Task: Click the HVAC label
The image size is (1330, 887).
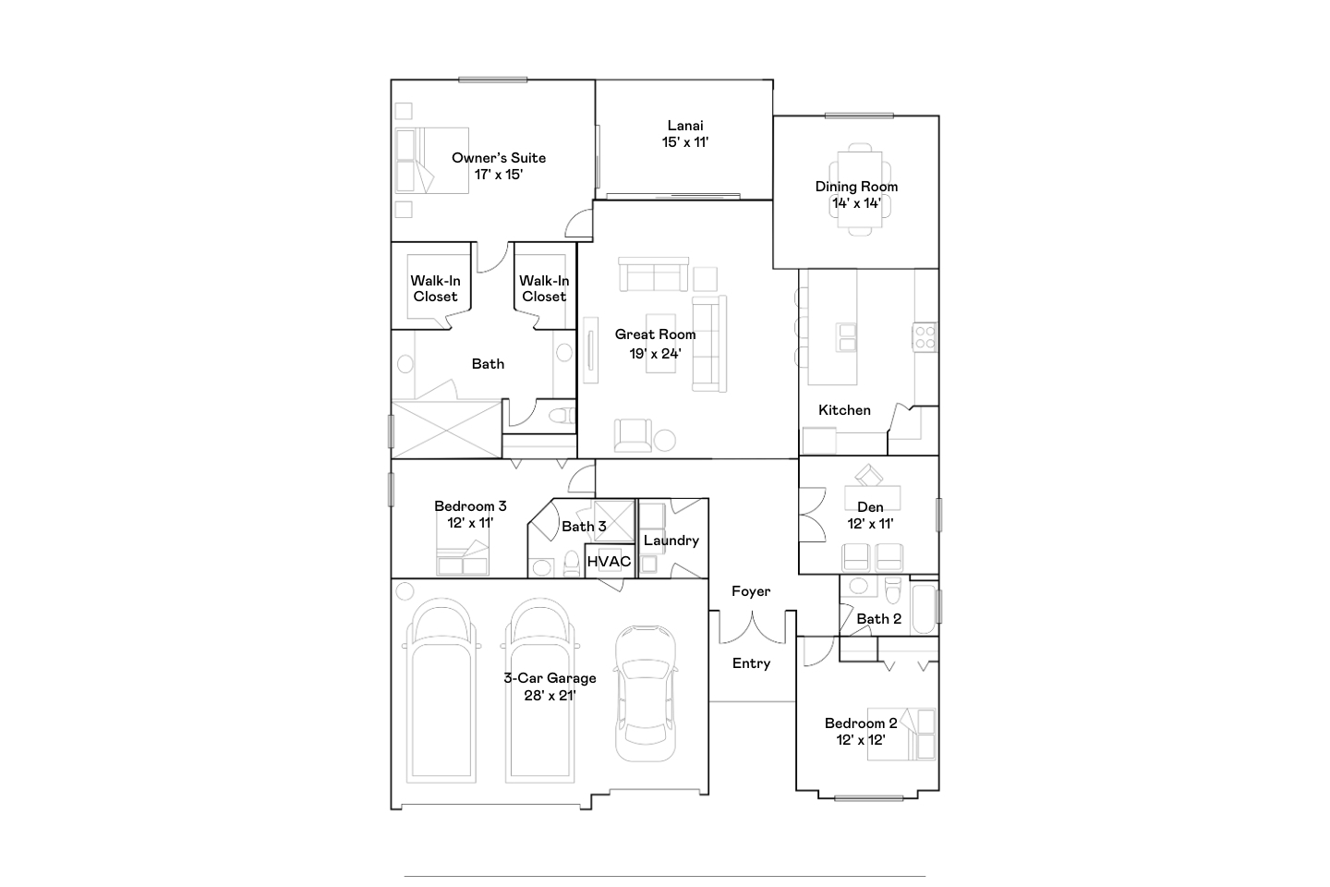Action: point(609,562)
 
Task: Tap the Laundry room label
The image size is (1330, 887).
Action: point(671,541)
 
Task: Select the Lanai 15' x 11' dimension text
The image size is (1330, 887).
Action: point(685,142)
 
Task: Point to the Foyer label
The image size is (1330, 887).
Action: point(751,591)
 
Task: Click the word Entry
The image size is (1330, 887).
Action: point(751,663)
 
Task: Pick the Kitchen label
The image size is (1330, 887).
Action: point(844,410)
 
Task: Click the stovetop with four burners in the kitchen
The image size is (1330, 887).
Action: point(925,337)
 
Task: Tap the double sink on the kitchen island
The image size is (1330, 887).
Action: point(846,337)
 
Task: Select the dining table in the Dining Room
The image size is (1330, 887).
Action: point(860,189)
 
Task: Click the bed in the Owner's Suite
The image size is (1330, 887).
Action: point(431,161)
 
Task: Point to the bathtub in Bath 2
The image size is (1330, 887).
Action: point(924,610)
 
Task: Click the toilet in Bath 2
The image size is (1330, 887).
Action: point(893,589)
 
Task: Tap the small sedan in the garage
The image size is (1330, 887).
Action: point(646,693)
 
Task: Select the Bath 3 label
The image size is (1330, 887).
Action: point(584,527)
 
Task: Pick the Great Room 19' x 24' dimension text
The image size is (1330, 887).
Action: point(655,354)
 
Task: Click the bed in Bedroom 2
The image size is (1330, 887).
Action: point(901,735)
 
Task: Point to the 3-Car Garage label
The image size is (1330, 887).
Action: point(550,678)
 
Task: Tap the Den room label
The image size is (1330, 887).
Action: point(870,507)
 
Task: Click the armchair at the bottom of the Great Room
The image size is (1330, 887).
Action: point(633,435)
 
